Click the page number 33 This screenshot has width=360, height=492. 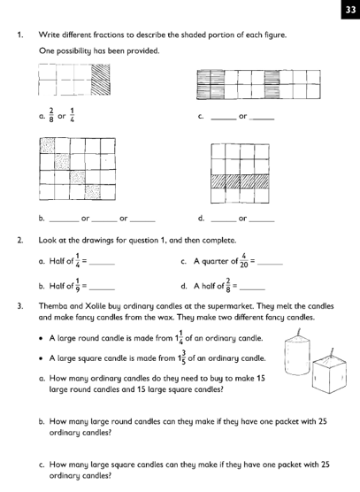point(350,10)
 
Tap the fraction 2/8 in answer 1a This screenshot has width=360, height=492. point(51,115)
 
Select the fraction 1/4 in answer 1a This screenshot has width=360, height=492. point(72,115)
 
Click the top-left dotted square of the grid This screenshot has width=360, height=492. point(48,145)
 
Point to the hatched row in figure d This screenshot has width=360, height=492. point(241,181)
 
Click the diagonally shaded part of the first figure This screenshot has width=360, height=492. point(100,80)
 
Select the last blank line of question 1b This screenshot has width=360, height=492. point(142,221)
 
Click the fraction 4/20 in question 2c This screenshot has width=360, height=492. point(244,261)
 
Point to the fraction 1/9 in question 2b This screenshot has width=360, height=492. point(78,285)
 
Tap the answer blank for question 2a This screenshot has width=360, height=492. point(102,265)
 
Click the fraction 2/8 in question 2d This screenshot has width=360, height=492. point(228,285)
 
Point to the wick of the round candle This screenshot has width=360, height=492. point(299,331)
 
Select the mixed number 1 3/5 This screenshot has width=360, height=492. point(181,358)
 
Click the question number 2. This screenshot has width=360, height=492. point(20,241)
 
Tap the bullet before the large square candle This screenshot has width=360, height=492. point(41,358)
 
